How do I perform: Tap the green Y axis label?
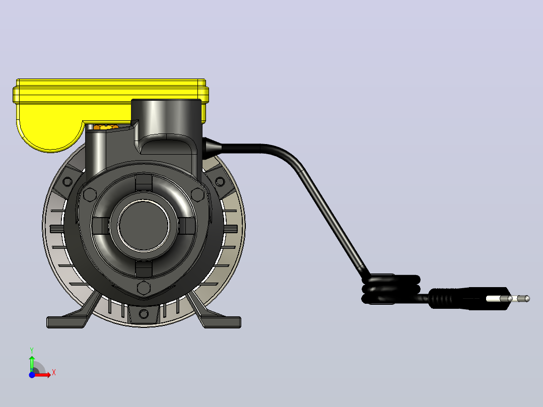click(32, 351)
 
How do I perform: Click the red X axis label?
click(54, 373)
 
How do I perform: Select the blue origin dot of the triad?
click(32, 375)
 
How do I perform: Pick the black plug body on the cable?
click(469, 298)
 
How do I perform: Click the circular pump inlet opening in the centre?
click(144, 225)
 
